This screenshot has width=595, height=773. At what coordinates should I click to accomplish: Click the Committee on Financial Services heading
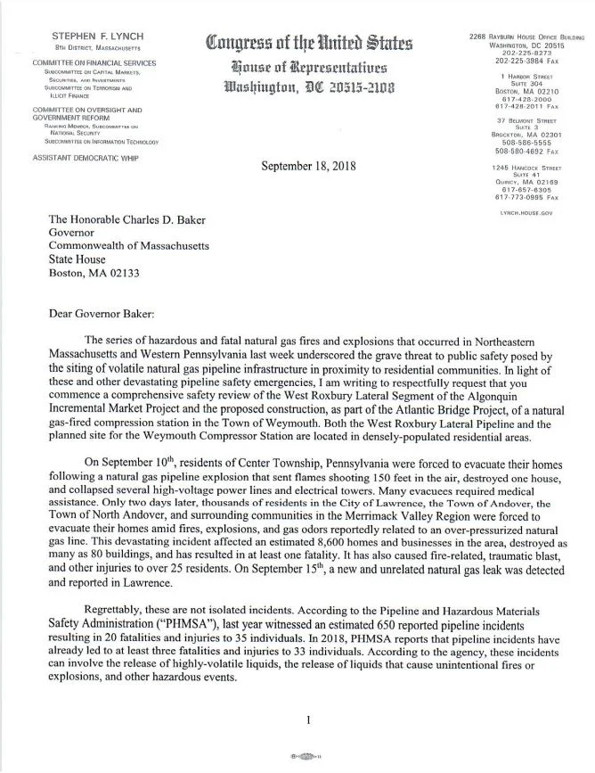click(80, 63)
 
